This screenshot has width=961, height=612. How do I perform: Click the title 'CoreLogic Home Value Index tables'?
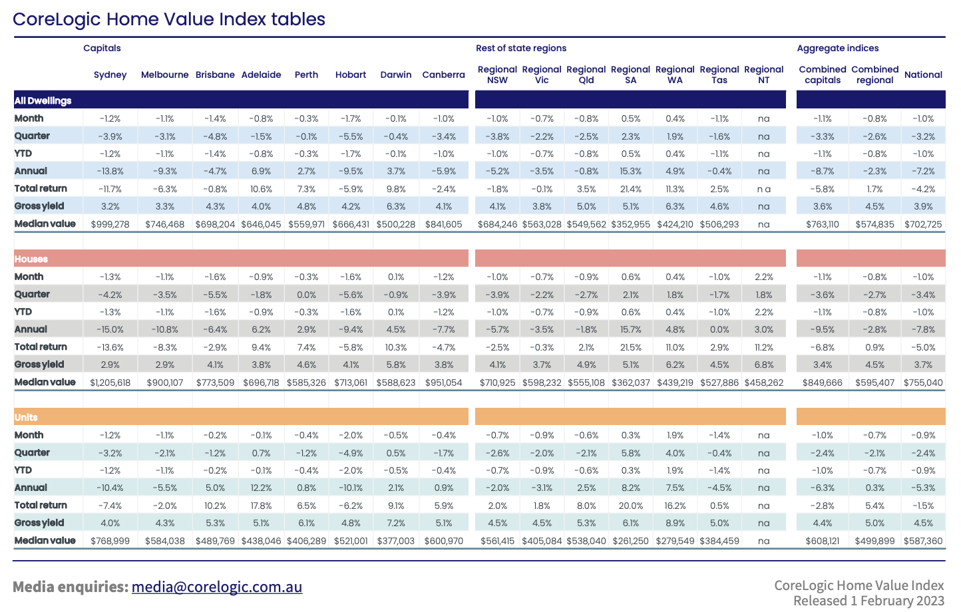tap(169, 19)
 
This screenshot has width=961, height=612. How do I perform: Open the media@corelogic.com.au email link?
tap(217, 587)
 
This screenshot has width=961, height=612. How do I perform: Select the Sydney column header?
tap(110, 75)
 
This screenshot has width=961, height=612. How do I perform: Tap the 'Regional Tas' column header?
tap(719, 75)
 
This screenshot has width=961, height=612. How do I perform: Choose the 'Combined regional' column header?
tap(874, 75)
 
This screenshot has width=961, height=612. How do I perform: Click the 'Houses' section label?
tap(31, 259)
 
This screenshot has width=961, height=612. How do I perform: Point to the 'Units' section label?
tap(26, 417)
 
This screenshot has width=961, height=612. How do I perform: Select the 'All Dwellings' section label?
tap(43, 100)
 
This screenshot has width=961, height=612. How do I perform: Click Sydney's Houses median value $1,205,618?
tap(110, 382)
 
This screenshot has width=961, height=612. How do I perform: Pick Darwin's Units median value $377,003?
tap(396, 541)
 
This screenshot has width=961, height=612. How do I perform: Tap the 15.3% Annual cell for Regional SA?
tap(631, 171)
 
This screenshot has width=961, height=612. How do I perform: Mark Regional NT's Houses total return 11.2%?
tap(764, 347)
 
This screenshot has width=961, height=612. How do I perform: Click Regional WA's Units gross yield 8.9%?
tap(675, 523)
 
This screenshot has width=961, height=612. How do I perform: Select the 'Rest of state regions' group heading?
tap(521, 48)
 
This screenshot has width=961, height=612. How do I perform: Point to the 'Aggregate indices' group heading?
tap(838, 48)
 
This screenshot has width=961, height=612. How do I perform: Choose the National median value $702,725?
tap(923, 224)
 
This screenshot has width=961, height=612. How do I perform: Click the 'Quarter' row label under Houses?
tap(32, 294)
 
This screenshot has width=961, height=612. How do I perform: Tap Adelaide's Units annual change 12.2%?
tap(262, 488)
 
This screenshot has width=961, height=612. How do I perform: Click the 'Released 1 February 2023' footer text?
tap(868, 601)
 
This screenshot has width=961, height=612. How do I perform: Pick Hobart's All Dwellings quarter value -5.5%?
tap(351, 136)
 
